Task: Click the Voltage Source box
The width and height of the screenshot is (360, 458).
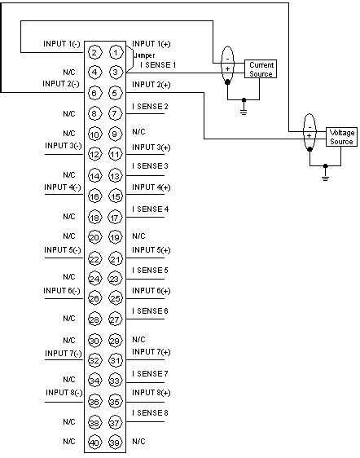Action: [x=340, y=136]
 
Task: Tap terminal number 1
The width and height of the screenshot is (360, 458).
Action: [x=116, y=52]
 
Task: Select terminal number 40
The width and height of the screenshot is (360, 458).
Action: [x=94, y=442]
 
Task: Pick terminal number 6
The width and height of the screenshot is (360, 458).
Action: [x=94, y=92]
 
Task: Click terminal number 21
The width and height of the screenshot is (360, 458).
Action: [x=116, y=258]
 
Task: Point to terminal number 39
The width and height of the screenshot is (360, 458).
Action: [x=116, y=442]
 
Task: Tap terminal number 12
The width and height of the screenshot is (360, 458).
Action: [x=94, y=154]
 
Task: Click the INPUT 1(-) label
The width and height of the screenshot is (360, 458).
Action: [x=61, y=43]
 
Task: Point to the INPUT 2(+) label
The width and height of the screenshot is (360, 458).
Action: [x=151, y=84]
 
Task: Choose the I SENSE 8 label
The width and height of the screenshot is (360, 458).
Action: [x=150, y=413]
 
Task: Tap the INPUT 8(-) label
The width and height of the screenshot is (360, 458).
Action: [x=62, y=393]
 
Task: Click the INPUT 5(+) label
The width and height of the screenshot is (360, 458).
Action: [x=151, y=249]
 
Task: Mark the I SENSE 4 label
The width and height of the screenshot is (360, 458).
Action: [x=150, y=209]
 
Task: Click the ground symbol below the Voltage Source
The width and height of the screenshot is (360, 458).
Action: [x=325, y=174]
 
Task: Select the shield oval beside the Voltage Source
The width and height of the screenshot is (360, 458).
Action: [x=310, y=136]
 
